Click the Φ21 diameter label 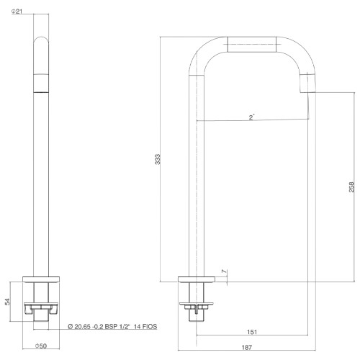[x=17, y=12]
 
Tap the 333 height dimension [x=158, y=159]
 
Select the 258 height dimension [x=351, y=187]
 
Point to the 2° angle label [x=251, y=117]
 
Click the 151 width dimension [x=252, y=332]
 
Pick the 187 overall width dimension [x=247, y=347]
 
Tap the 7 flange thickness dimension [x=224, y=271]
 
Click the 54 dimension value [x=8, y=302]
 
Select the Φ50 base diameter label [x=41, y=346]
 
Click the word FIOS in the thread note [x=149, y=326]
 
